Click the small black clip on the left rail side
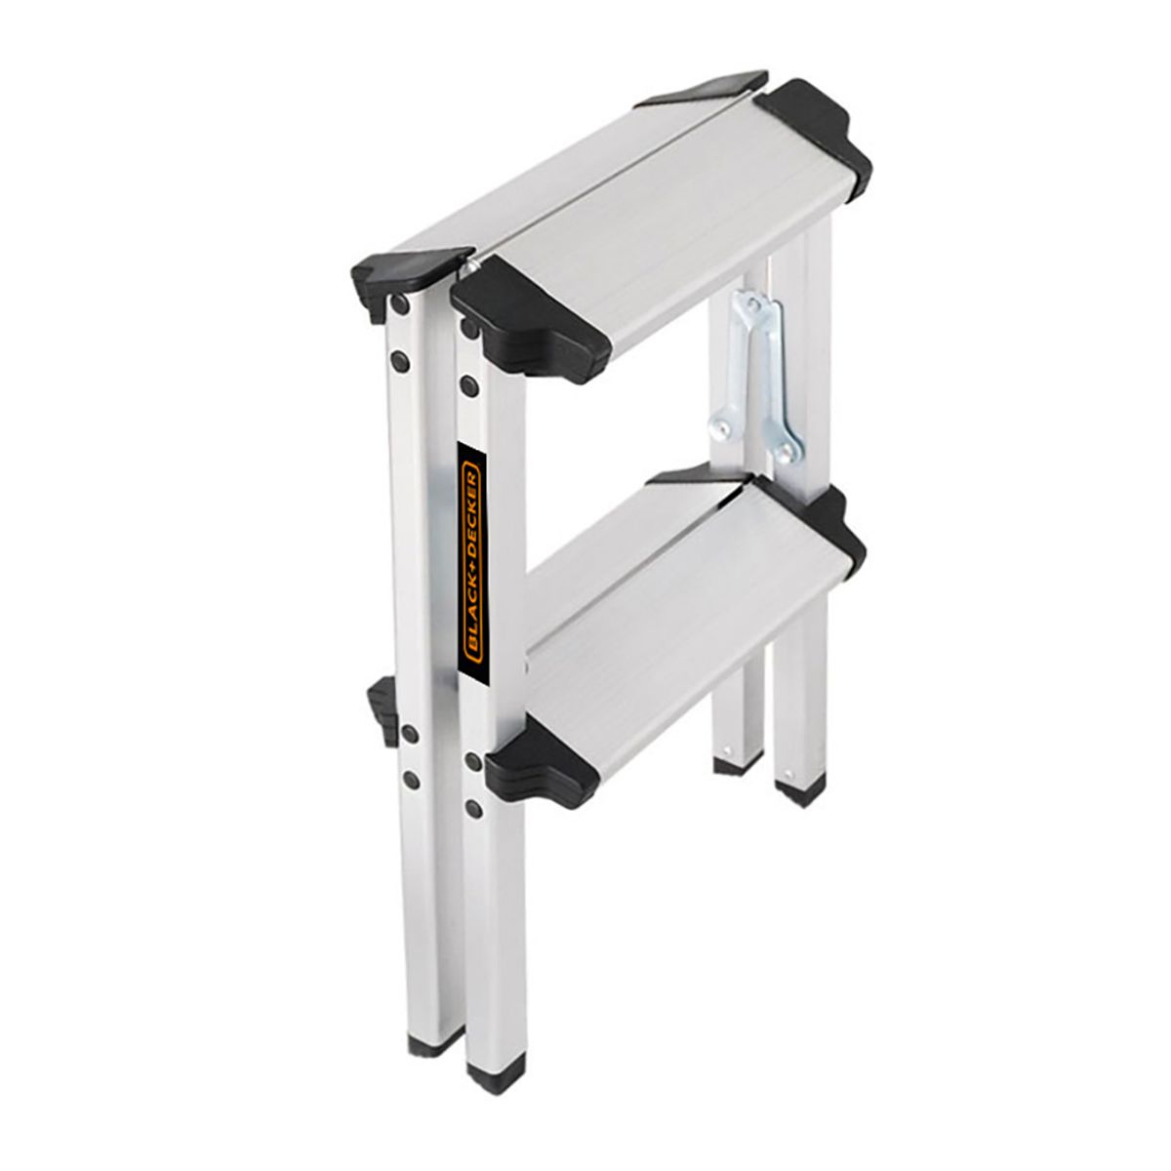(382, 703)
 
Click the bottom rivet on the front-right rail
(474, 808)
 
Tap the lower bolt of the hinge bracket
(785, 452)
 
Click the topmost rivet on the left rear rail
(399, 305)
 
